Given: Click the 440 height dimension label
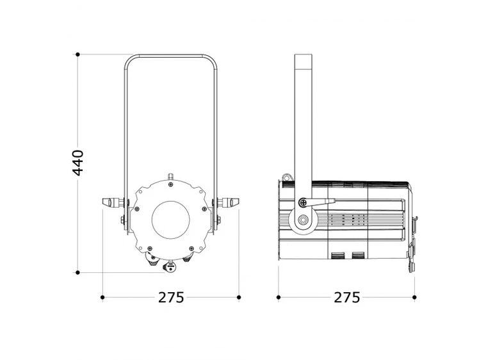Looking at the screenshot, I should [x=77, y=163].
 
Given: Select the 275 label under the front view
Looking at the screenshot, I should [x=171, y=298].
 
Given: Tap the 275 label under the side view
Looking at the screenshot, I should [x=346, y=298].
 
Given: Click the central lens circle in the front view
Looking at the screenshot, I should [x=170, y=217].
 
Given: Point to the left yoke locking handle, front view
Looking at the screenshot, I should [x=113, y=202].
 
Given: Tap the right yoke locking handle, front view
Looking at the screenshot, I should [x=228, y=202].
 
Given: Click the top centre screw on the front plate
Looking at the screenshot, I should [x=171, y=184].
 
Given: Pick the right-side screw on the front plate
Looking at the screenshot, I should [x=204, y=209].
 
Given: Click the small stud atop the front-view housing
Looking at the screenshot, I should [x=170, y=176].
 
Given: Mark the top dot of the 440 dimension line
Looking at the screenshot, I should [x=77, y=54].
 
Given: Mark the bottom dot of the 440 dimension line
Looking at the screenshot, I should [x=77, y=272].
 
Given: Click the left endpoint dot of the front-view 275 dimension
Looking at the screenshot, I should [x=102, y=297].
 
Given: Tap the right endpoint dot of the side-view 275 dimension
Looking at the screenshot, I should [x=414, y=297].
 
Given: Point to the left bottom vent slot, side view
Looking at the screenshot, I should [x=338, y=256].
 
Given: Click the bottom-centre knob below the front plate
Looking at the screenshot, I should [x=171, y=268].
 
